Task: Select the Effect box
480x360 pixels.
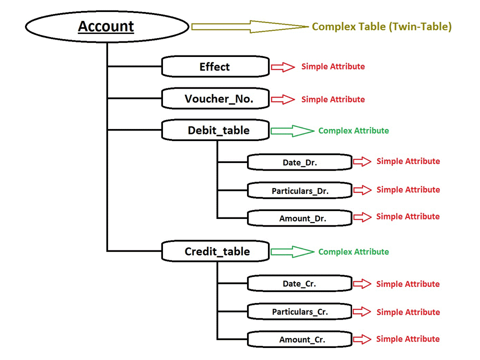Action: tap(215, 66)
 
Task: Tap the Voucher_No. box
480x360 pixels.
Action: tap(215, 98)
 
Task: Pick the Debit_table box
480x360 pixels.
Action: tap(215, 130)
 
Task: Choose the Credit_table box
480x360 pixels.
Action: tap(215, 251)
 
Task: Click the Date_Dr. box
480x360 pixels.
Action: tap(299, 162)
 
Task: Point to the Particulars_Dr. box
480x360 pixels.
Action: tap(299, 190)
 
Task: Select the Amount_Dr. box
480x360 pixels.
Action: tap(299, 218)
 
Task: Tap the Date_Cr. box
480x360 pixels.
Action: tap(299, 283)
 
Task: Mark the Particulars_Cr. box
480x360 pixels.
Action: tap(299, 311)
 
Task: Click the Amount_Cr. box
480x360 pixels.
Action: tap(299, 339)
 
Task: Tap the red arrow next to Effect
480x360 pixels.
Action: tap(283, 67)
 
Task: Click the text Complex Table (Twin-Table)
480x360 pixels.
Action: tap(381, 27)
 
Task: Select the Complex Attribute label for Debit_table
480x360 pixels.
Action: tap(353, 131)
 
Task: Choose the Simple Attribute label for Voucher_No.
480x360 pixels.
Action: tap(333, 99)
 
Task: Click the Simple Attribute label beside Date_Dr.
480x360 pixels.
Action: tap(408, 161)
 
